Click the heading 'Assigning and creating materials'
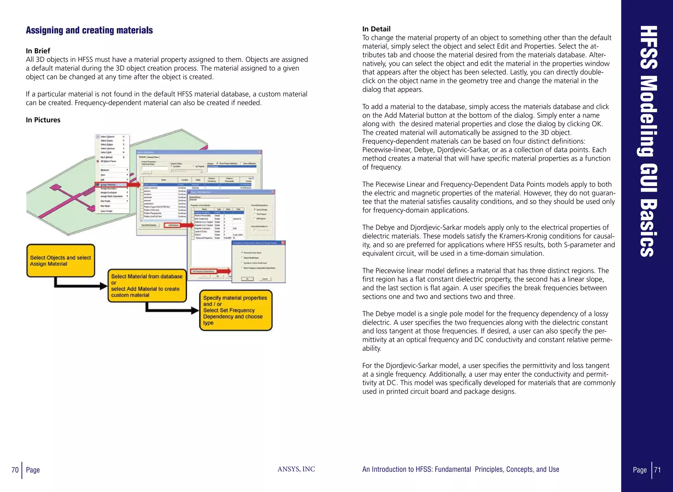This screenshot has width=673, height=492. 89,30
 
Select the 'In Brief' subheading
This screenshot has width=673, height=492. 38,51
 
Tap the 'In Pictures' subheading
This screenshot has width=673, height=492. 43,120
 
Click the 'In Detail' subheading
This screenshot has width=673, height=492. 376,29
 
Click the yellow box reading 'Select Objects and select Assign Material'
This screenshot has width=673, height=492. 60,261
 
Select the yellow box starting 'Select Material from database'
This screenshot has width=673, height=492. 147,286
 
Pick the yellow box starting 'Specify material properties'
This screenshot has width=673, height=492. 236,310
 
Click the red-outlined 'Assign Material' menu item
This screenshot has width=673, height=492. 111,185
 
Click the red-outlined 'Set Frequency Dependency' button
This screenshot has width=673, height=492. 204,271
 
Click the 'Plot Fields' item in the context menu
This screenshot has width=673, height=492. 105,201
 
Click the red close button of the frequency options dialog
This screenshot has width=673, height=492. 283,243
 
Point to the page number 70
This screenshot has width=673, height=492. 15,470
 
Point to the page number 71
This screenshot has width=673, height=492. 657,470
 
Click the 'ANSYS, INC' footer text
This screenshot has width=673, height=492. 296,469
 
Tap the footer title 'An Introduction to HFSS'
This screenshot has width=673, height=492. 460,469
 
